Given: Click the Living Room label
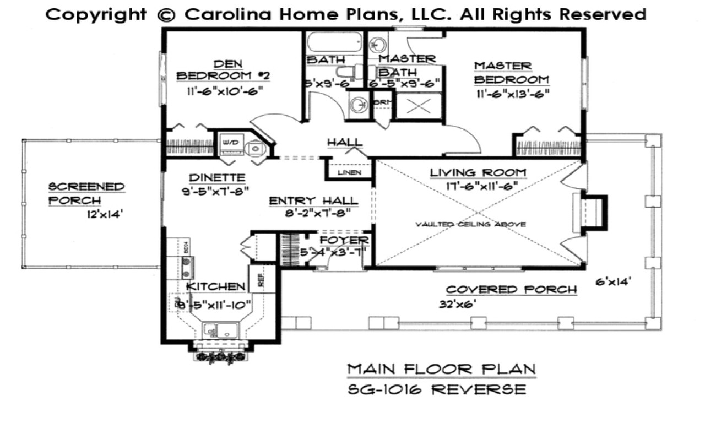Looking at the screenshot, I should click(478, 173).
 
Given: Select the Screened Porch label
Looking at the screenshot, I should click(86, 193).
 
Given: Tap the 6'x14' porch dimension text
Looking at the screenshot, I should click(613, 283).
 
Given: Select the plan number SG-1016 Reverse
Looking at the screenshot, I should click(437, 389).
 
